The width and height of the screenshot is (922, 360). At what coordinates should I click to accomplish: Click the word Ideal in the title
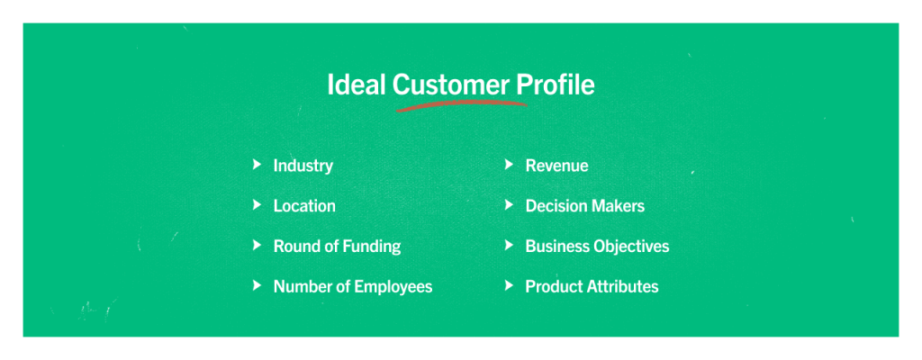click(x=357, y=85)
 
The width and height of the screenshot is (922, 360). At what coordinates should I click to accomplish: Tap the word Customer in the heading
click(x=451, y=85)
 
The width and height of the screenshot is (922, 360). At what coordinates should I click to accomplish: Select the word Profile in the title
click(x=556, y=85)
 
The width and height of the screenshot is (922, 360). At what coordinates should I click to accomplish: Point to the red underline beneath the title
click(x=462, y=105)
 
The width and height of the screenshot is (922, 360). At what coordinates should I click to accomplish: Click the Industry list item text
click(x=303, y=166)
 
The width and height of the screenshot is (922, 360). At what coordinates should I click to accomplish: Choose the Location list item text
click(x=304, y=206)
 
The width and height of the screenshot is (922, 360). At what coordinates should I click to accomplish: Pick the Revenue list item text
click(x=556, y=166)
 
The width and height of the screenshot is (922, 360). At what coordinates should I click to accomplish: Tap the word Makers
click(x=619, y=206)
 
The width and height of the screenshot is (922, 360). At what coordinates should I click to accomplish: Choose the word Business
click(x=558, y=246)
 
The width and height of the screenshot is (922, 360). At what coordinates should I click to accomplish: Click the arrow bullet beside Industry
click(x=257, y=165)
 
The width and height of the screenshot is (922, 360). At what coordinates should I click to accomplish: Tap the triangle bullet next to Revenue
click(x=510, y=165)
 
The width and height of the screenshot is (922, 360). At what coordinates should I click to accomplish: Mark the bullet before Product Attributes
click(x=510, y=285)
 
